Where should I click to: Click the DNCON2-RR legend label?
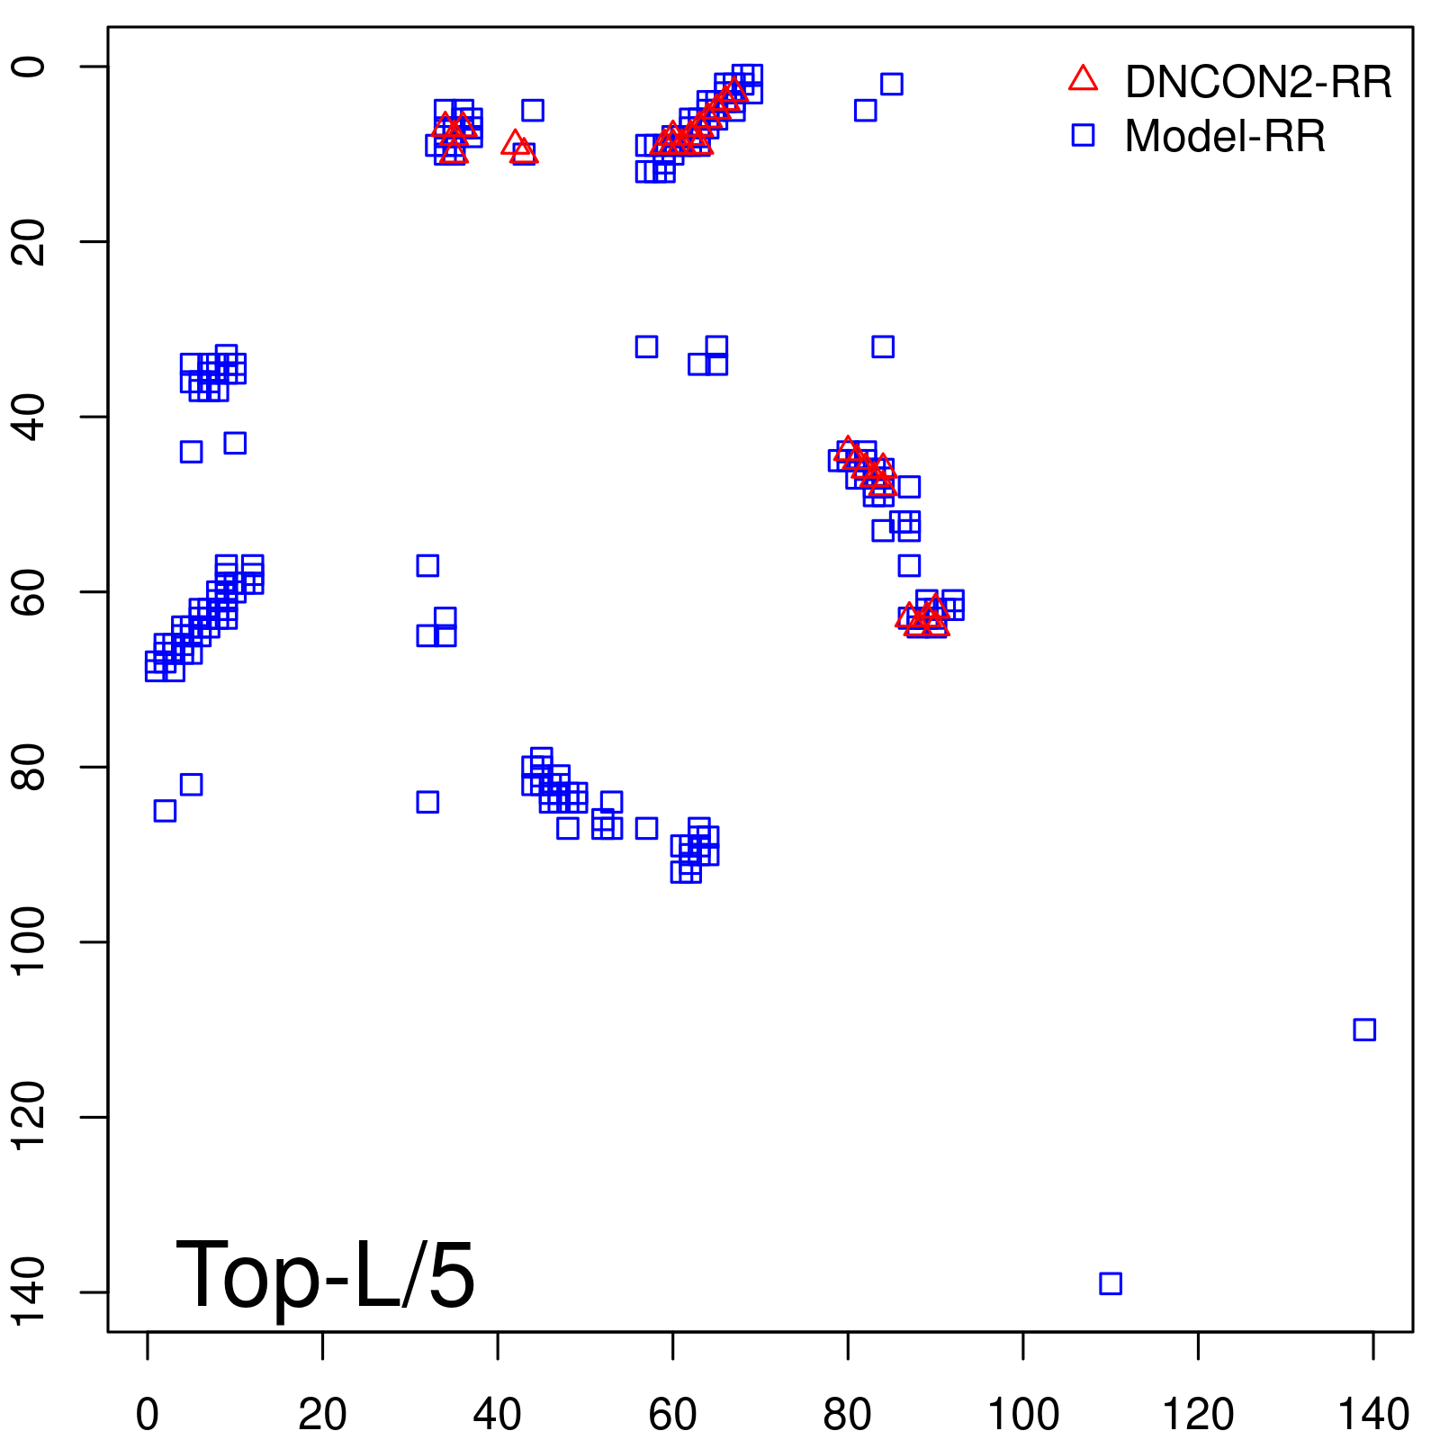tap(1257, 82)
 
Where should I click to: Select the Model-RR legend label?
tap(1224, 136)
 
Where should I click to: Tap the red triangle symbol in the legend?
tap(1083, 79)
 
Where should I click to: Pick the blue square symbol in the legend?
tap(1083, 135)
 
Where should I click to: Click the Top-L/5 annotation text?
tap(325, 1274)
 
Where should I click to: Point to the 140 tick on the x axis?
tap(1373, 1416)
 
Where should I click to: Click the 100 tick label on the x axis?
tap(1023, 1416)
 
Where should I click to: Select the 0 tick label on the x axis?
tap(148, 1416)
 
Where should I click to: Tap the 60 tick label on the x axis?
tap(672, 1416)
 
